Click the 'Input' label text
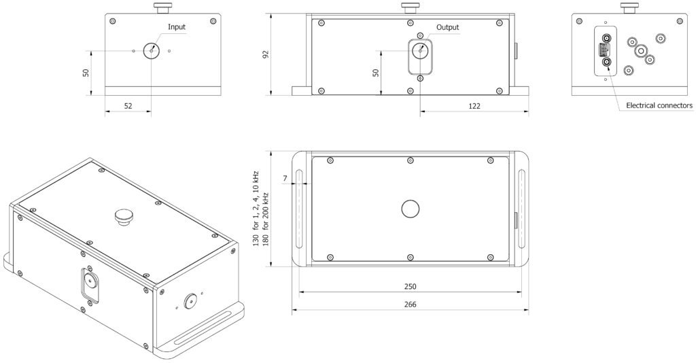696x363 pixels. [177, 27]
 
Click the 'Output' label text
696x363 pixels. [447, 27]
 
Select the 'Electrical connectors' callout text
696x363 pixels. [659, 105]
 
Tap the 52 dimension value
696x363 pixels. [128, 106]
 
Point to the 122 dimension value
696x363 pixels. [474, 106]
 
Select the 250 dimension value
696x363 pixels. [411, 287]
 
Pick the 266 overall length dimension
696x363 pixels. [411, 305]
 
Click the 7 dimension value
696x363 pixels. [285, 178]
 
